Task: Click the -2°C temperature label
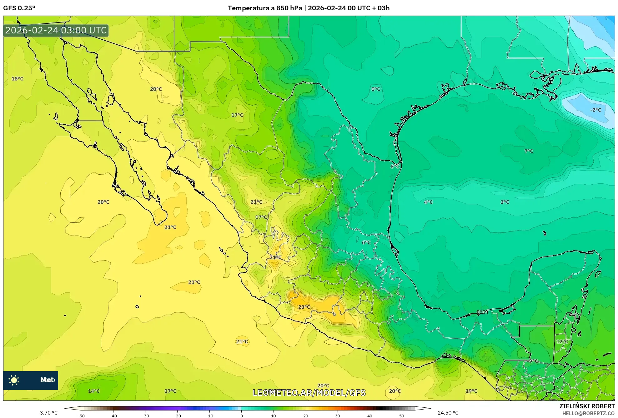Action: pyautogui.click(x=595, y=110)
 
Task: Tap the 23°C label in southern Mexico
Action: pyautogui.click(x=304, y=307)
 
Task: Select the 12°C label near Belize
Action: pyautogui.click(x=562, y=341)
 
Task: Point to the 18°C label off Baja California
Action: pyautogui.click(x=18, y=79)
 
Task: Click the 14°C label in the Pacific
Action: pyautogui.click(x=94, y=391)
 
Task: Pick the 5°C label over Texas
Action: pyautogui.click(x=376, y=89)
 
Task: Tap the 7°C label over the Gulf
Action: pyautogui.click(x=529, y=151)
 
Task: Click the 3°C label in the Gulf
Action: pyautogui.click(x=505, y=202)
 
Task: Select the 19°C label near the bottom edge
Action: pyautogui.click(x=471, y=391)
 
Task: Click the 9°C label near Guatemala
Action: pyautogui.click(x=533, y=361)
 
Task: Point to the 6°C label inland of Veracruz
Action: pyautogui.click(x=366, y=242)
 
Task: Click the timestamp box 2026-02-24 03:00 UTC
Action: pyautogui.click(x=56, y=30)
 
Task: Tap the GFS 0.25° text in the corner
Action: pyautogui.click(x=19, y=8)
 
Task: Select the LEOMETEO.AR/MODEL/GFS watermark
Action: pyautogui.click(x=309, y=393)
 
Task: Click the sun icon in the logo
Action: pyautogui.click(x=14, y=380)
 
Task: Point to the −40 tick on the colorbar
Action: pyautogui.click(x=113, y=416)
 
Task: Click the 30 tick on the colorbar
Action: pyautogui.click(x=338, y=416)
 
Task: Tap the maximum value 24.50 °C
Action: pyautogui.click(x=448, y=413)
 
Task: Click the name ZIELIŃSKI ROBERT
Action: pyautogui.click(x=587, y=406)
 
